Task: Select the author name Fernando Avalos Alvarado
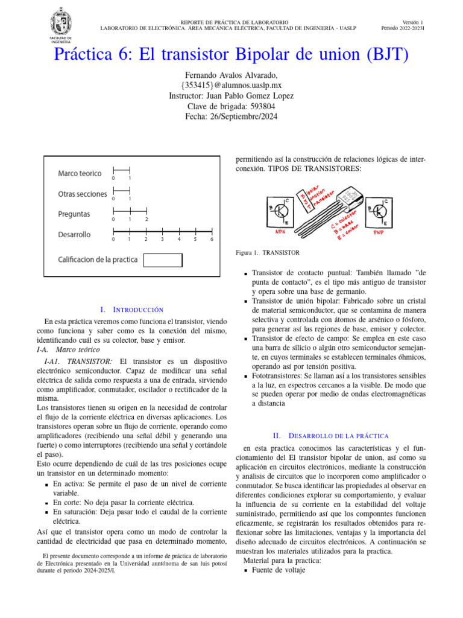point(231,75)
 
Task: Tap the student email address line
point(231,85)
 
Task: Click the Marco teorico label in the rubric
point(80,173)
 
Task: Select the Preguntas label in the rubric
point(74,214)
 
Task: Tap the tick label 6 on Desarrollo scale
point(212,240)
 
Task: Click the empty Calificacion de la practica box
point(163,260)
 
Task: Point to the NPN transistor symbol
point(282,211)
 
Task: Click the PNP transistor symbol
point(380,211)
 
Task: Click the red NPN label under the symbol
point(280,232)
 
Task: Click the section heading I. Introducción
point(131,309)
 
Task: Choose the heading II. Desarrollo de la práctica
point(330,435)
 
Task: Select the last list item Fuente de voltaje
point(278,570)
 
